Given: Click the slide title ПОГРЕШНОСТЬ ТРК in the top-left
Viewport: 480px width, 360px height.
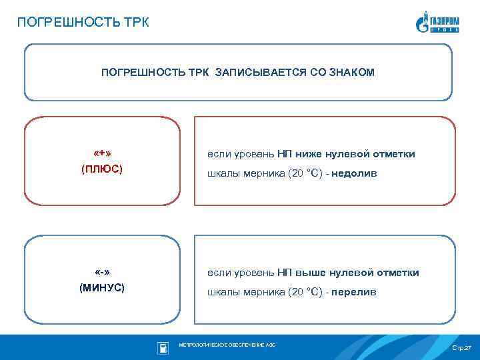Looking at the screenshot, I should point(83,23).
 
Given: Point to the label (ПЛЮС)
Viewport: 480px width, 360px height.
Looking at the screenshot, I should point(102,169).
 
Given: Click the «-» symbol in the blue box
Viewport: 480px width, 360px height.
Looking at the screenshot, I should point(102,272).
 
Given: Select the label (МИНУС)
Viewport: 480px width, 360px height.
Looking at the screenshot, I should point(102,288).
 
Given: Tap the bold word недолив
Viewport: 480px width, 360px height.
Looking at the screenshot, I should point(355,173).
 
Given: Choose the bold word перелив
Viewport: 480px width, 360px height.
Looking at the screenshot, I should point(354,292).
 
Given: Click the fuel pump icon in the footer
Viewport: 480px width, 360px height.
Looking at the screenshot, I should point(162,347).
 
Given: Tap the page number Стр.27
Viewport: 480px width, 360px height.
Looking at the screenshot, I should point(461,349).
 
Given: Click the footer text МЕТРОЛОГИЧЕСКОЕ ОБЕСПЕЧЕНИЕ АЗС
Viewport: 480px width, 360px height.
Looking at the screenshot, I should point(227,345).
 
